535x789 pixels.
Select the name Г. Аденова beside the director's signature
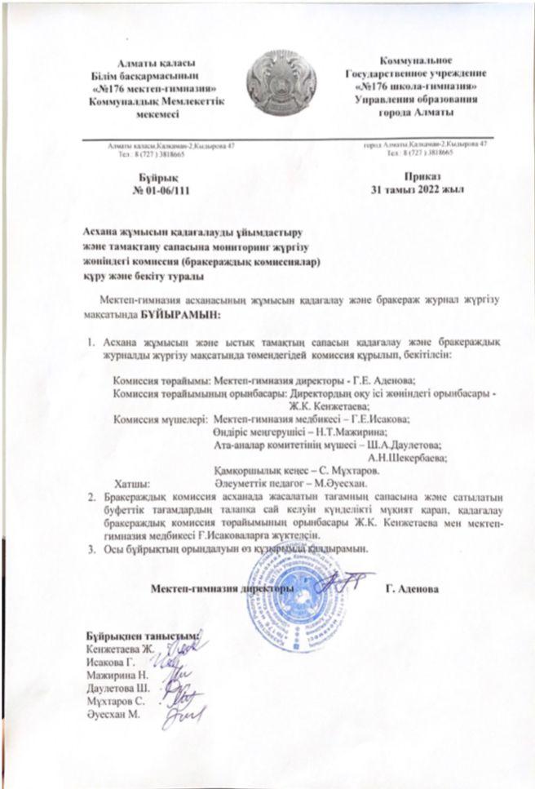pyautogui.click(x=413, y=588)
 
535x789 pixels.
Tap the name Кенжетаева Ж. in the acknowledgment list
pyautogui.click(x=121, y=649)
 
